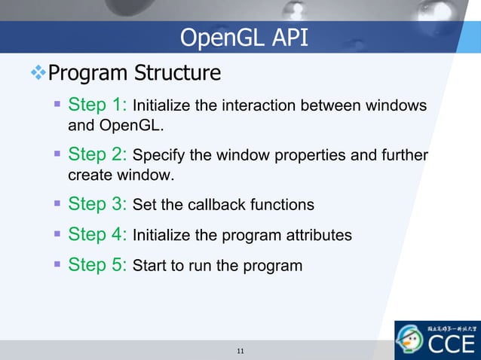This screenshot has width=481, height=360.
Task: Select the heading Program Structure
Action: pyautogui.click(x=134, y=73)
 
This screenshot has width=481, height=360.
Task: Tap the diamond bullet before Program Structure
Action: pyautogui.click(x=38, y=73)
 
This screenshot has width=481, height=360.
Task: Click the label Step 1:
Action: pyautogui.click(x=98, y=103)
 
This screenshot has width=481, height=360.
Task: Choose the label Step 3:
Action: pyautogui.click(x=98, y=204)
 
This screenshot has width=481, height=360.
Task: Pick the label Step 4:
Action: pyautogui.click(x=98, y=234)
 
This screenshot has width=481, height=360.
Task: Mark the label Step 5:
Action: pyautogui.click(x=98, y=265)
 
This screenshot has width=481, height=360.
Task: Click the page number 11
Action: pyautogui.click(x=240, y=351)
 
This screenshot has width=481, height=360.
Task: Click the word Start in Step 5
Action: pyautogui.click(x=149, y=266)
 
